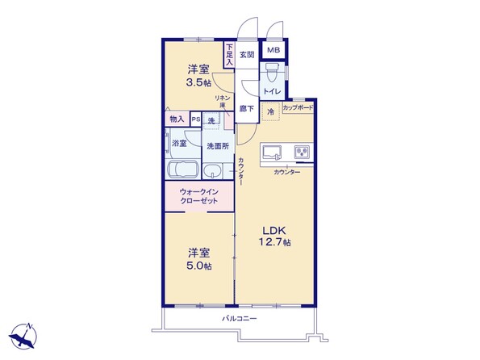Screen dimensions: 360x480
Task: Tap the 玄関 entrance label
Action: (x=247, y=55)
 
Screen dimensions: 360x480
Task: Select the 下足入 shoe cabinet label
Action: (x=229, y=53)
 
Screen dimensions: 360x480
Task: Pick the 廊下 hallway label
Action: (x=246, y=107)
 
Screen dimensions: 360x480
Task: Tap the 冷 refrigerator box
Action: (x=270, y=111)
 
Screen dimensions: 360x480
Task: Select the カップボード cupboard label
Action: (x=298, y=107)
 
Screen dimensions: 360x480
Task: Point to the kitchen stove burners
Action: (x=302, y=152)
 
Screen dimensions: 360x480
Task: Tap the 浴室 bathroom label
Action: (x=178, y=143)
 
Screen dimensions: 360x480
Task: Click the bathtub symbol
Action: (x=182, y=170)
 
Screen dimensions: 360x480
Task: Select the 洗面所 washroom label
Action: (x=216, y=146)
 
